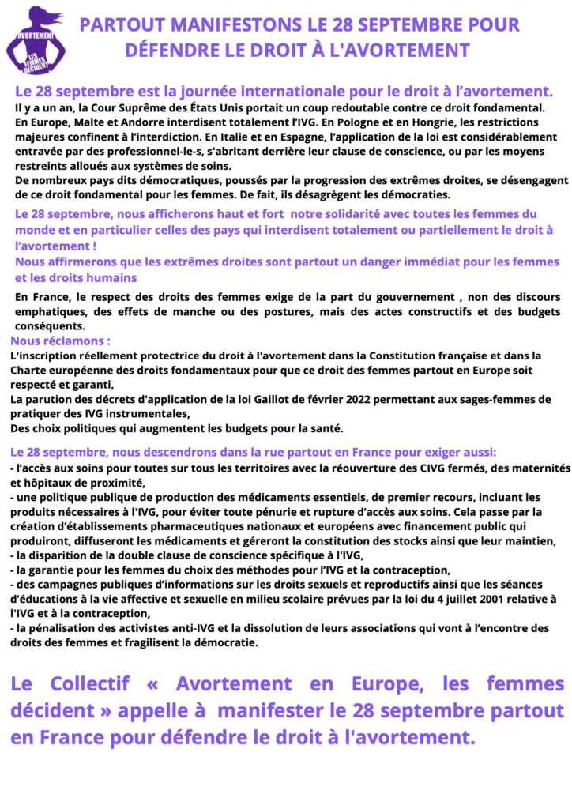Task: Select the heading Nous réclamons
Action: (x=59, y=341)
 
